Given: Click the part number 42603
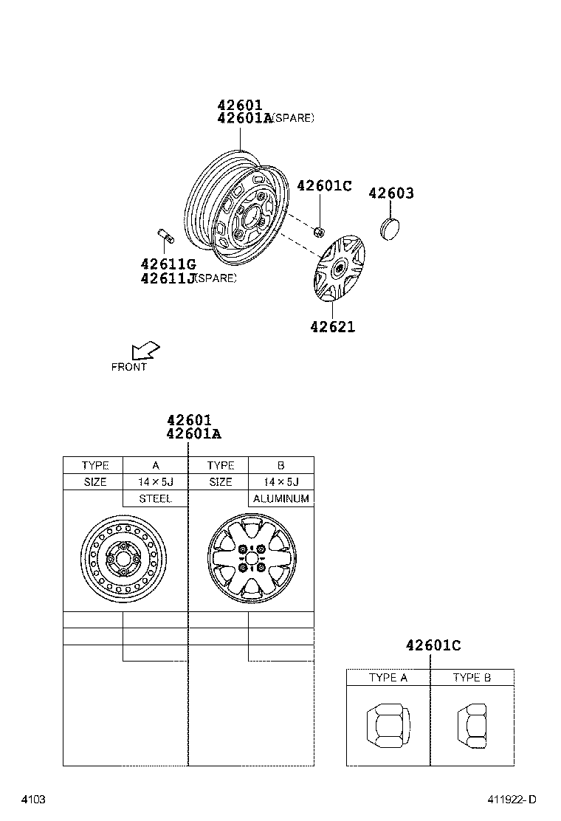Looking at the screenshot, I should tap(390, 193).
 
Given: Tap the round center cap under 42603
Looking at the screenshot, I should tap(390, 227).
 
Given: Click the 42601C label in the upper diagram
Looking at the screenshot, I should tap(324, 186).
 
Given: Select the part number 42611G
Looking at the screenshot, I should tap(168, 264).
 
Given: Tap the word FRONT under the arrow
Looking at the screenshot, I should tap(129, 367).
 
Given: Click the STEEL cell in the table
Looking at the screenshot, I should tap(155, 499).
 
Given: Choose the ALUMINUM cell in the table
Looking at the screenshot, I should tap(280, 499).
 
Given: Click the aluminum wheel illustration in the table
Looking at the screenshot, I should tap(252, 558).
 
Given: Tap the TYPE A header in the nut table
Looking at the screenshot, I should tap(388, 678).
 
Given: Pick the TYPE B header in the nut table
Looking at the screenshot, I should tap(472, 678).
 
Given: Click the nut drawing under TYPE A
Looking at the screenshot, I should tap(387, 726).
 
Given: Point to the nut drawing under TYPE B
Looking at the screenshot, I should tap(471, 725).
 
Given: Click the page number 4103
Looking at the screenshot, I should tap(33, 800).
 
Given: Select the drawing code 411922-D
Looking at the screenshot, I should tap(511, 800).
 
